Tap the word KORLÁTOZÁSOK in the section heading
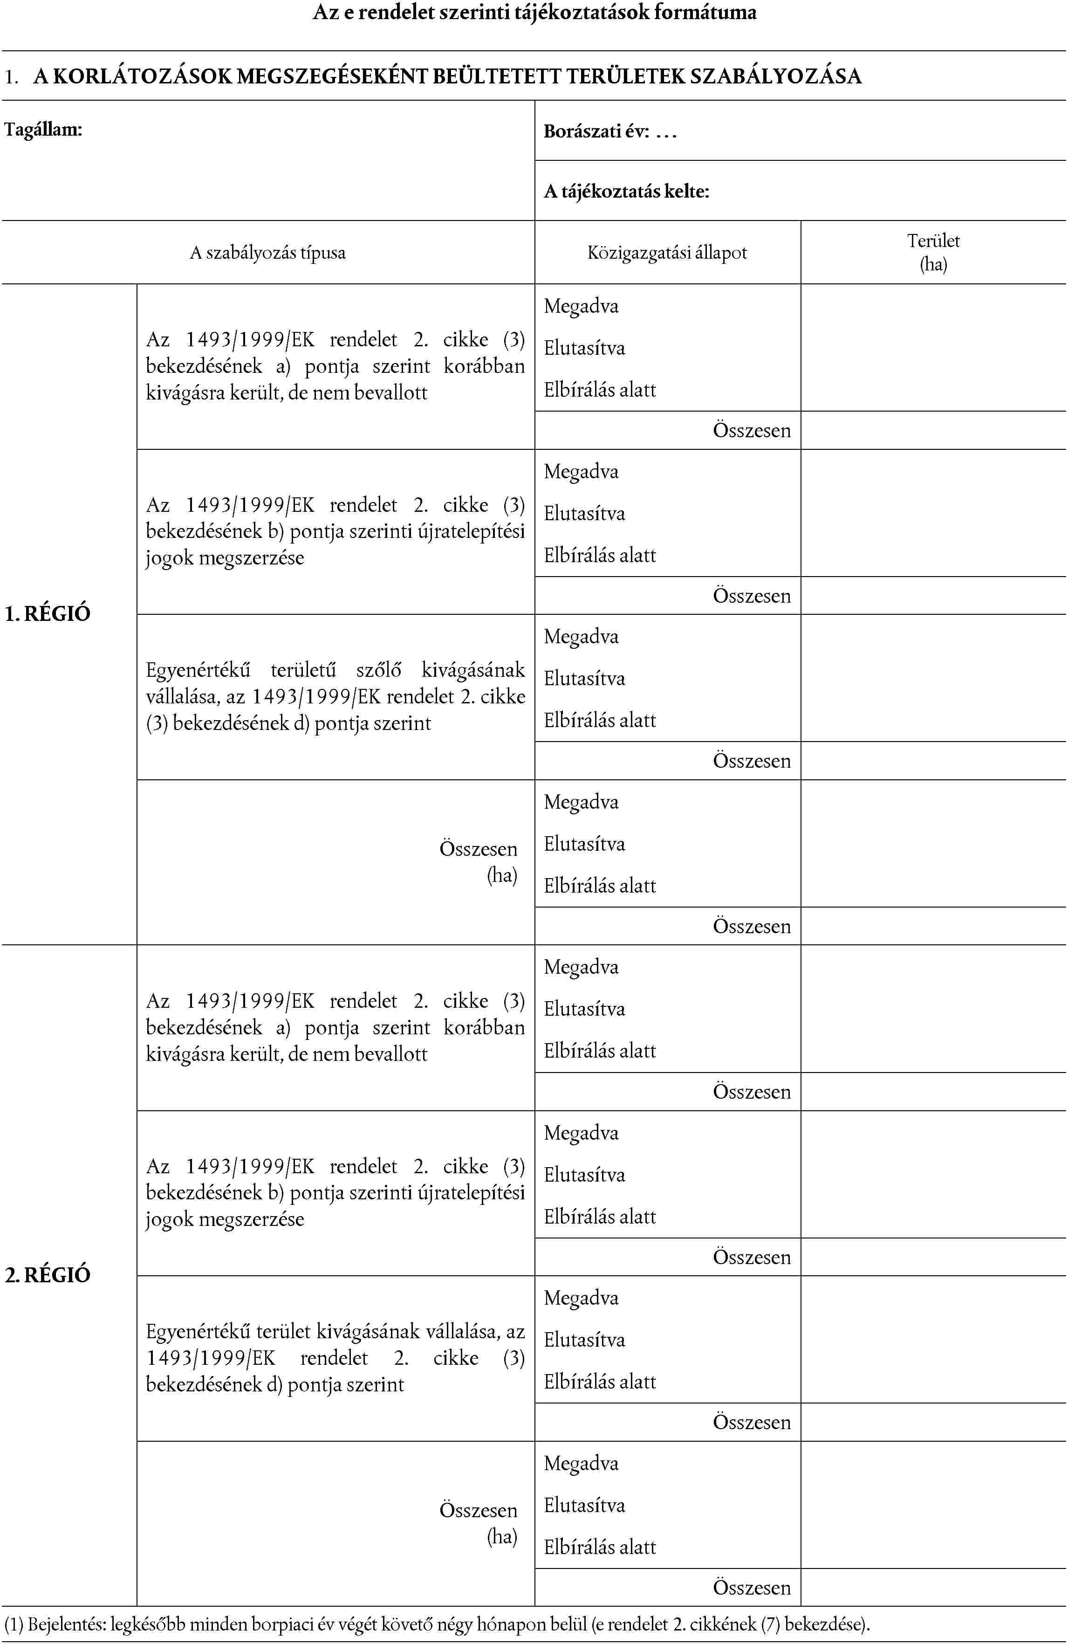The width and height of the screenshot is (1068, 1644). (x=144, y=76)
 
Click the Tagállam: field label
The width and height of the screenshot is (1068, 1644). (x=43, y=130)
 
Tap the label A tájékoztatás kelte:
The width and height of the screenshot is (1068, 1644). (x=626, y=191)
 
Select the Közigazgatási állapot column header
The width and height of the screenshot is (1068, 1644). (x=667, y=253)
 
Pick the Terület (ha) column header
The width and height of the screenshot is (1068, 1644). (x=933, y=252)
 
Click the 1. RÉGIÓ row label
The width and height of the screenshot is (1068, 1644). (x=48, y=613)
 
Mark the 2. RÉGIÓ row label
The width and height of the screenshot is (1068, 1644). (x=48, y=1275)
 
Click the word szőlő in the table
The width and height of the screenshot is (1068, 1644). (x=378, y=670)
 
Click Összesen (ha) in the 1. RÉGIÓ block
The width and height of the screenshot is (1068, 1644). (x=479, y=861)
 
